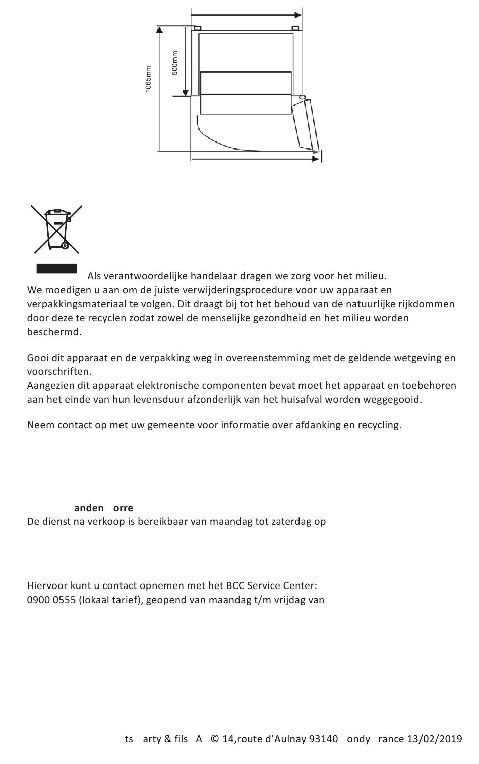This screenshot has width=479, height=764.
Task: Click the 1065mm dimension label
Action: click(148, 79)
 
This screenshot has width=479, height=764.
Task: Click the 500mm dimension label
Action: click(175, 63)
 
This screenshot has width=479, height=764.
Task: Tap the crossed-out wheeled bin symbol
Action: click(57, 229)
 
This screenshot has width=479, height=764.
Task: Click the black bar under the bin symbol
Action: click(56, 268)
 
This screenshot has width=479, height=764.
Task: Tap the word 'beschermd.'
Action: click(54, 332)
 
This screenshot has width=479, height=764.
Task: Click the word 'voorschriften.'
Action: click(59, 371)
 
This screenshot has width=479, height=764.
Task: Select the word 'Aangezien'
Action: click(50, 385)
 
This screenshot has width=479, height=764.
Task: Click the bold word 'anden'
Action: click(89, 508)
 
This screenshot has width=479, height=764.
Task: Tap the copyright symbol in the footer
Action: click(214, 739)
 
